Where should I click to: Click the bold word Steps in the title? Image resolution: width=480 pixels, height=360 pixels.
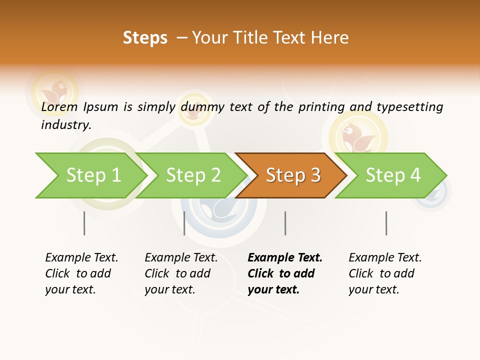(x=145, y=38)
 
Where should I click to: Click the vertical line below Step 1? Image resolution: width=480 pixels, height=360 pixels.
(x=84, y=223)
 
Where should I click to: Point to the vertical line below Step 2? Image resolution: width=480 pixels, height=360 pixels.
(x=184, y=223)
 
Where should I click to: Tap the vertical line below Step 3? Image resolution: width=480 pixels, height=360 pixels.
(x=285, y=223)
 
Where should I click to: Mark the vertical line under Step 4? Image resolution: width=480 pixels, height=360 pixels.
(x=386, y=223)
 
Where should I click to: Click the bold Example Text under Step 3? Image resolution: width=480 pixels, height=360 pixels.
(x=285, y=258)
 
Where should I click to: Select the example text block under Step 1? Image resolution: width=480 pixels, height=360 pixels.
(x=81, y=273)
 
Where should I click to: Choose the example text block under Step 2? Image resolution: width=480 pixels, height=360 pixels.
(x=180, y=273)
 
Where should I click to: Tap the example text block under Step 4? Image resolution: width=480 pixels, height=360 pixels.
(x=384, y=273)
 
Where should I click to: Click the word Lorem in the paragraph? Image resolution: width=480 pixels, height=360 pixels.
(x=59, y=107)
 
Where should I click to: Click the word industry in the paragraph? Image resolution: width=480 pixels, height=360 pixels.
(x=65, y=124)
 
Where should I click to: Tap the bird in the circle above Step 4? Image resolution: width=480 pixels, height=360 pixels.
(x=358, y=137)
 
